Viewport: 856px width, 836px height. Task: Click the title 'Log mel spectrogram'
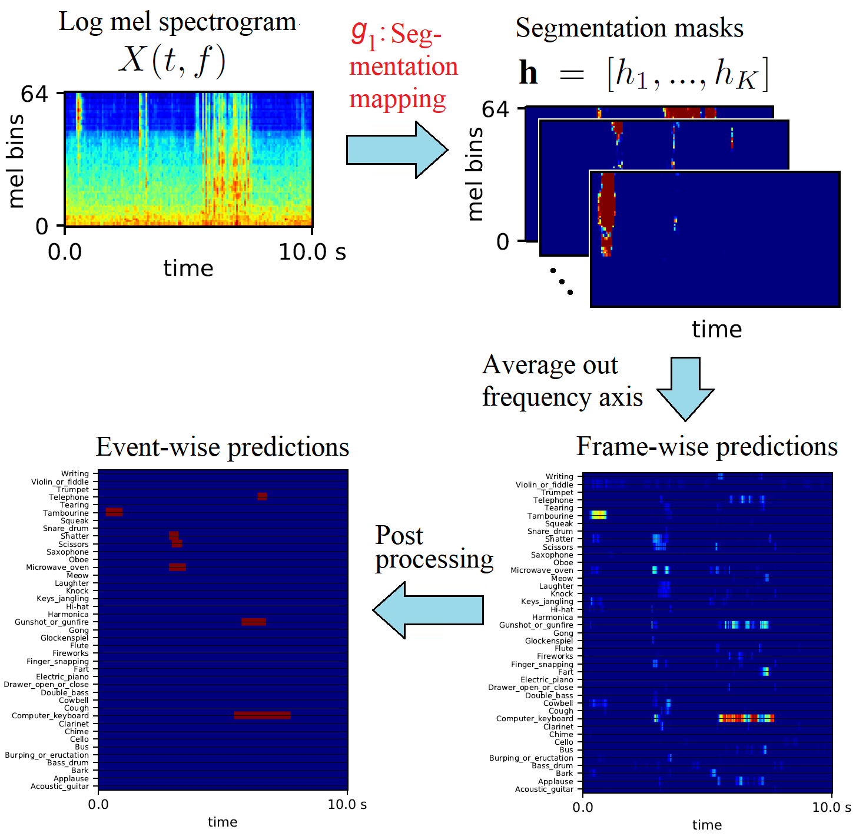tap(177, 22)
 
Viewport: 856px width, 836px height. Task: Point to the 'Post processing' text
tap(433, 548)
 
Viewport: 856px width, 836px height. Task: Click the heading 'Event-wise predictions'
tap(223, 447)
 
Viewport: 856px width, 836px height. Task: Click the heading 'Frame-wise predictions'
tap(706, 446)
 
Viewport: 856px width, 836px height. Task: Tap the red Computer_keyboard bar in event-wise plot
tap(262, 715)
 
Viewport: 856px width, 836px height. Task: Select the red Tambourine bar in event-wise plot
tap(114, 512)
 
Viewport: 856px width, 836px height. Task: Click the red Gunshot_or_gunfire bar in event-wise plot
tap(254, 622)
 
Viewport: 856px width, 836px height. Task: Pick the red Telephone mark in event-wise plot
tap(262, 496)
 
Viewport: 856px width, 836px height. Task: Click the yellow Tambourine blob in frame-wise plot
tap(598, 515)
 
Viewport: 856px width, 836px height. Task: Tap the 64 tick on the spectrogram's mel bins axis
tap(34, 94)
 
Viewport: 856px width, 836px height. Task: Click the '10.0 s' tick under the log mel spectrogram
tap(311, 252)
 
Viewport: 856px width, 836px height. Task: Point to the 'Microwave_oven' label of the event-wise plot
tap(57, 568)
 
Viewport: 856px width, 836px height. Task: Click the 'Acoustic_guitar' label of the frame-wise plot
tap(544, 789)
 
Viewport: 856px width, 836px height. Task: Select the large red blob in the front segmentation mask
tap(607, 206)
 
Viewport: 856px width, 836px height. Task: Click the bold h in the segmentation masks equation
tap(528, 74)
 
